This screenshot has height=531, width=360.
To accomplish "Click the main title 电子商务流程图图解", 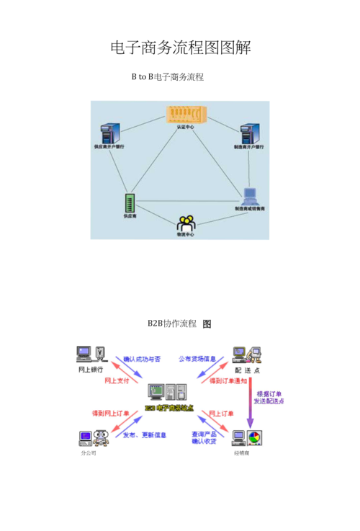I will click(180, 48).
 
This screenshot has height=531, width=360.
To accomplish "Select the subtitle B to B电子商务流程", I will click(167, 77).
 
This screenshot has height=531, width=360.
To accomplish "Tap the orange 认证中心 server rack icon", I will click(180, 114).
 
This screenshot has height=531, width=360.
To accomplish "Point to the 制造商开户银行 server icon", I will click(248, 133).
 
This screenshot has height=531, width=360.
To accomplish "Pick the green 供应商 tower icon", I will click(130, 202).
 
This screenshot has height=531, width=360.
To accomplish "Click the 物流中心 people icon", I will click(185, 223).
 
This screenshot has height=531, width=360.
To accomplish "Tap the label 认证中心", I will click(185, 127).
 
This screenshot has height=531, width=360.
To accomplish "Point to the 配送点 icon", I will click(246, 354).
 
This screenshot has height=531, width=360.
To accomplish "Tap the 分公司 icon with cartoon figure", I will click(90, 438).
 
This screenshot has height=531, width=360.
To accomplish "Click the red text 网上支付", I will click(117, 380).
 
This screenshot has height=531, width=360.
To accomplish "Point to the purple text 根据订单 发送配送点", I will click(269, 398).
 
